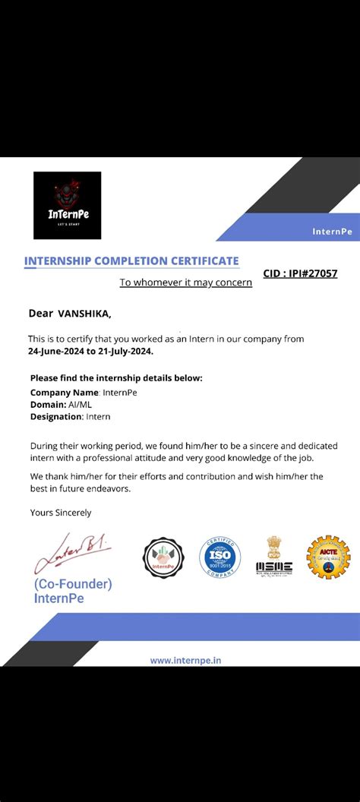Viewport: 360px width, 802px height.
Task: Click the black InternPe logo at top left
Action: pyautogui.click(x=67, y=205)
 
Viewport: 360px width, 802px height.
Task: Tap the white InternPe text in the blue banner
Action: pyautogui.click(x=332, y=232)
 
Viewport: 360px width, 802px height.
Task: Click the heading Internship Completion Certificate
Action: pyautogui.click(x=131, y=260)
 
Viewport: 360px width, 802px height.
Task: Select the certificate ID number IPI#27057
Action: pyautogui.click(x=313, y=273)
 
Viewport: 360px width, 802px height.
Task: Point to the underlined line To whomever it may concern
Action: pyautogui.click(x=185, y=283)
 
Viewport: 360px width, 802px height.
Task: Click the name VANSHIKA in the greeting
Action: pyautogui.click(x=84, y=313)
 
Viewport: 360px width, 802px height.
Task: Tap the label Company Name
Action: pyautogui.click(x=65, y=392)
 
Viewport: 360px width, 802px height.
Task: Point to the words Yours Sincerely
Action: pyautogui.click(x=61, y=513)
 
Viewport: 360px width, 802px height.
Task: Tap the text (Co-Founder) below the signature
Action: pyautogui.click(x=72, y=584)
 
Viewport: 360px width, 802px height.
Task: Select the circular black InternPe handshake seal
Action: pyautogui.click(x=164, y=558)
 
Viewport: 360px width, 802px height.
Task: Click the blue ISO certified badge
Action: pyautogui.click(x=219, y=558)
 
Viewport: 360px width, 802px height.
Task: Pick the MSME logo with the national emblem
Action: pyautogui.click(x=273, y=558)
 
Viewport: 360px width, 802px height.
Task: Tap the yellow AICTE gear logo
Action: pyautogui.click(x=328, y=557)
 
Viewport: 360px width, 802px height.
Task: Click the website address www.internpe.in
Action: pyautogui.click(x=186, y=660)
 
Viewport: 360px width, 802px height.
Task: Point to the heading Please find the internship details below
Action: pyautogui.click(x=116, y=378)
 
